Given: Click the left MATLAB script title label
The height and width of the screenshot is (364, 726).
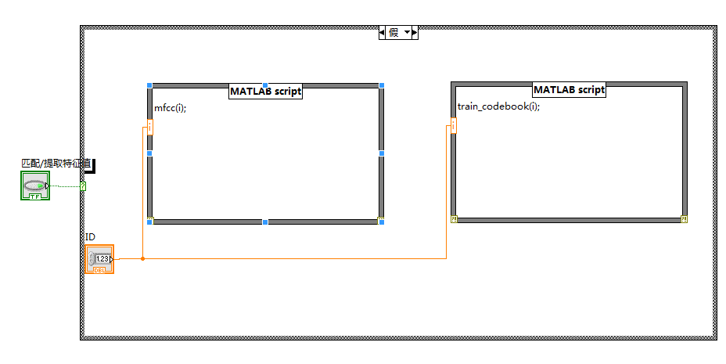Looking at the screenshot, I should tap(265, 92).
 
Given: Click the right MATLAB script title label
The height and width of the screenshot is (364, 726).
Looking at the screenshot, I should tap(569, 90).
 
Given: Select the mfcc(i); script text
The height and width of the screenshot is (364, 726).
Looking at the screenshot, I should tap(170, 108).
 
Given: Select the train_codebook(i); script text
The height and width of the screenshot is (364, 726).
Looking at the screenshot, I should tap(498, 106).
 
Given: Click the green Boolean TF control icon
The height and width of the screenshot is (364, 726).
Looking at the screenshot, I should tap(34, 186).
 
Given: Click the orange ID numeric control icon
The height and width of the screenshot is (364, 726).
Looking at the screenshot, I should tap(99, 259).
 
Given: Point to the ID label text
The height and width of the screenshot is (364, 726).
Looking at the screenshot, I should tap(90, 236).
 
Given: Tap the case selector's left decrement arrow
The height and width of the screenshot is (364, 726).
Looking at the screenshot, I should tap(383, 33).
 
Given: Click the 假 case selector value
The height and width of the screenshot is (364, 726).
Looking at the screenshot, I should tap(394, 33).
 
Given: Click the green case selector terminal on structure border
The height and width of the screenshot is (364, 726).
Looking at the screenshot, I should tap(83, 186).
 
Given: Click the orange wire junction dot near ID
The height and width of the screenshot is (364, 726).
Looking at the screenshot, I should tap(142, 258).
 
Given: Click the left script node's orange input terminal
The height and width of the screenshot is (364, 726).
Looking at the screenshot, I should tap(149, 127).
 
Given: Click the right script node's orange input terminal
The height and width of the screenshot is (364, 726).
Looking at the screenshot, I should tap(453, 125).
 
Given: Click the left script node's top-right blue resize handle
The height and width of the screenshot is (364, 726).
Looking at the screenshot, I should tap(382, 85).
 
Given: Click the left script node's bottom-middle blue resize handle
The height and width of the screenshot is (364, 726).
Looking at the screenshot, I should tap(265, 222).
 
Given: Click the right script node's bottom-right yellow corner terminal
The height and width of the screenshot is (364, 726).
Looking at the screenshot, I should tap(684, 220).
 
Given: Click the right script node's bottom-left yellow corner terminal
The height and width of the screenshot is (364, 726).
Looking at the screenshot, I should tap(454, 220).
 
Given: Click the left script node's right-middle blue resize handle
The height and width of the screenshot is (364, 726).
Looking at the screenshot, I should tap(382, 153).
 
